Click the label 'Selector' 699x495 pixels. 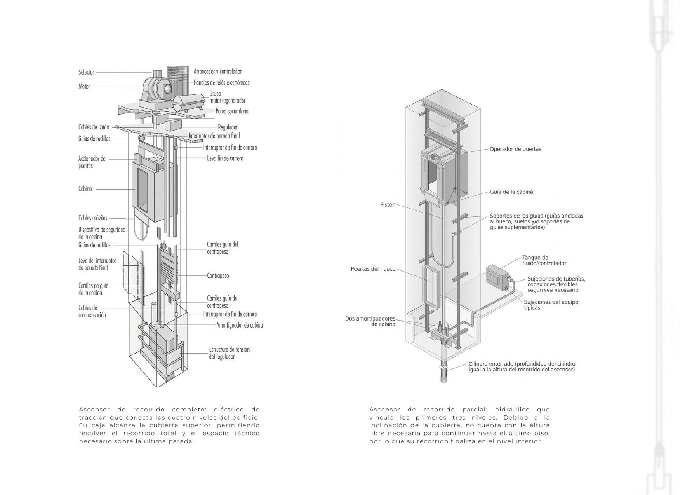[x=86, y=72]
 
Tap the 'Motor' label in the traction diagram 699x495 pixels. [x=84, y=87]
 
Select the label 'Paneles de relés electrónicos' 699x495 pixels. [x=222, y=83]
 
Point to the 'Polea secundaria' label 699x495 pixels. [x=232, y=112]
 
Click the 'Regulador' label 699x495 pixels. [x=228, y=127]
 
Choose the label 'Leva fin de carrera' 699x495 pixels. [x=225, y=159]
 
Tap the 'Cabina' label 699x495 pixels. [x=85, y=189]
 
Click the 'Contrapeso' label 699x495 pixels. [x=218, y=276]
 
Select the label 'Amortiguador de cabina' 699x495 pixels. [x=240, y=325]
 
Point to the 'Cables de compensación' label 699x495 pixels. [x=92, y=312]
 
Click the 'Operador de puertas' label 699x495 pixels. [x=515, y=149]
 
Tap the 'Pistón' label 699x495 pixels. [x=388, y=205]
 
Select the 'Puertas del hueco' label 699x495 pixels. [x=373, y=269]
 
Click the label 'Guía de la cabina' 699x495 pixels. [x=511, y=192]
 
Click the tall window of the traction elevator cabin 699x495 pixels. [x=143, y=191]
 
